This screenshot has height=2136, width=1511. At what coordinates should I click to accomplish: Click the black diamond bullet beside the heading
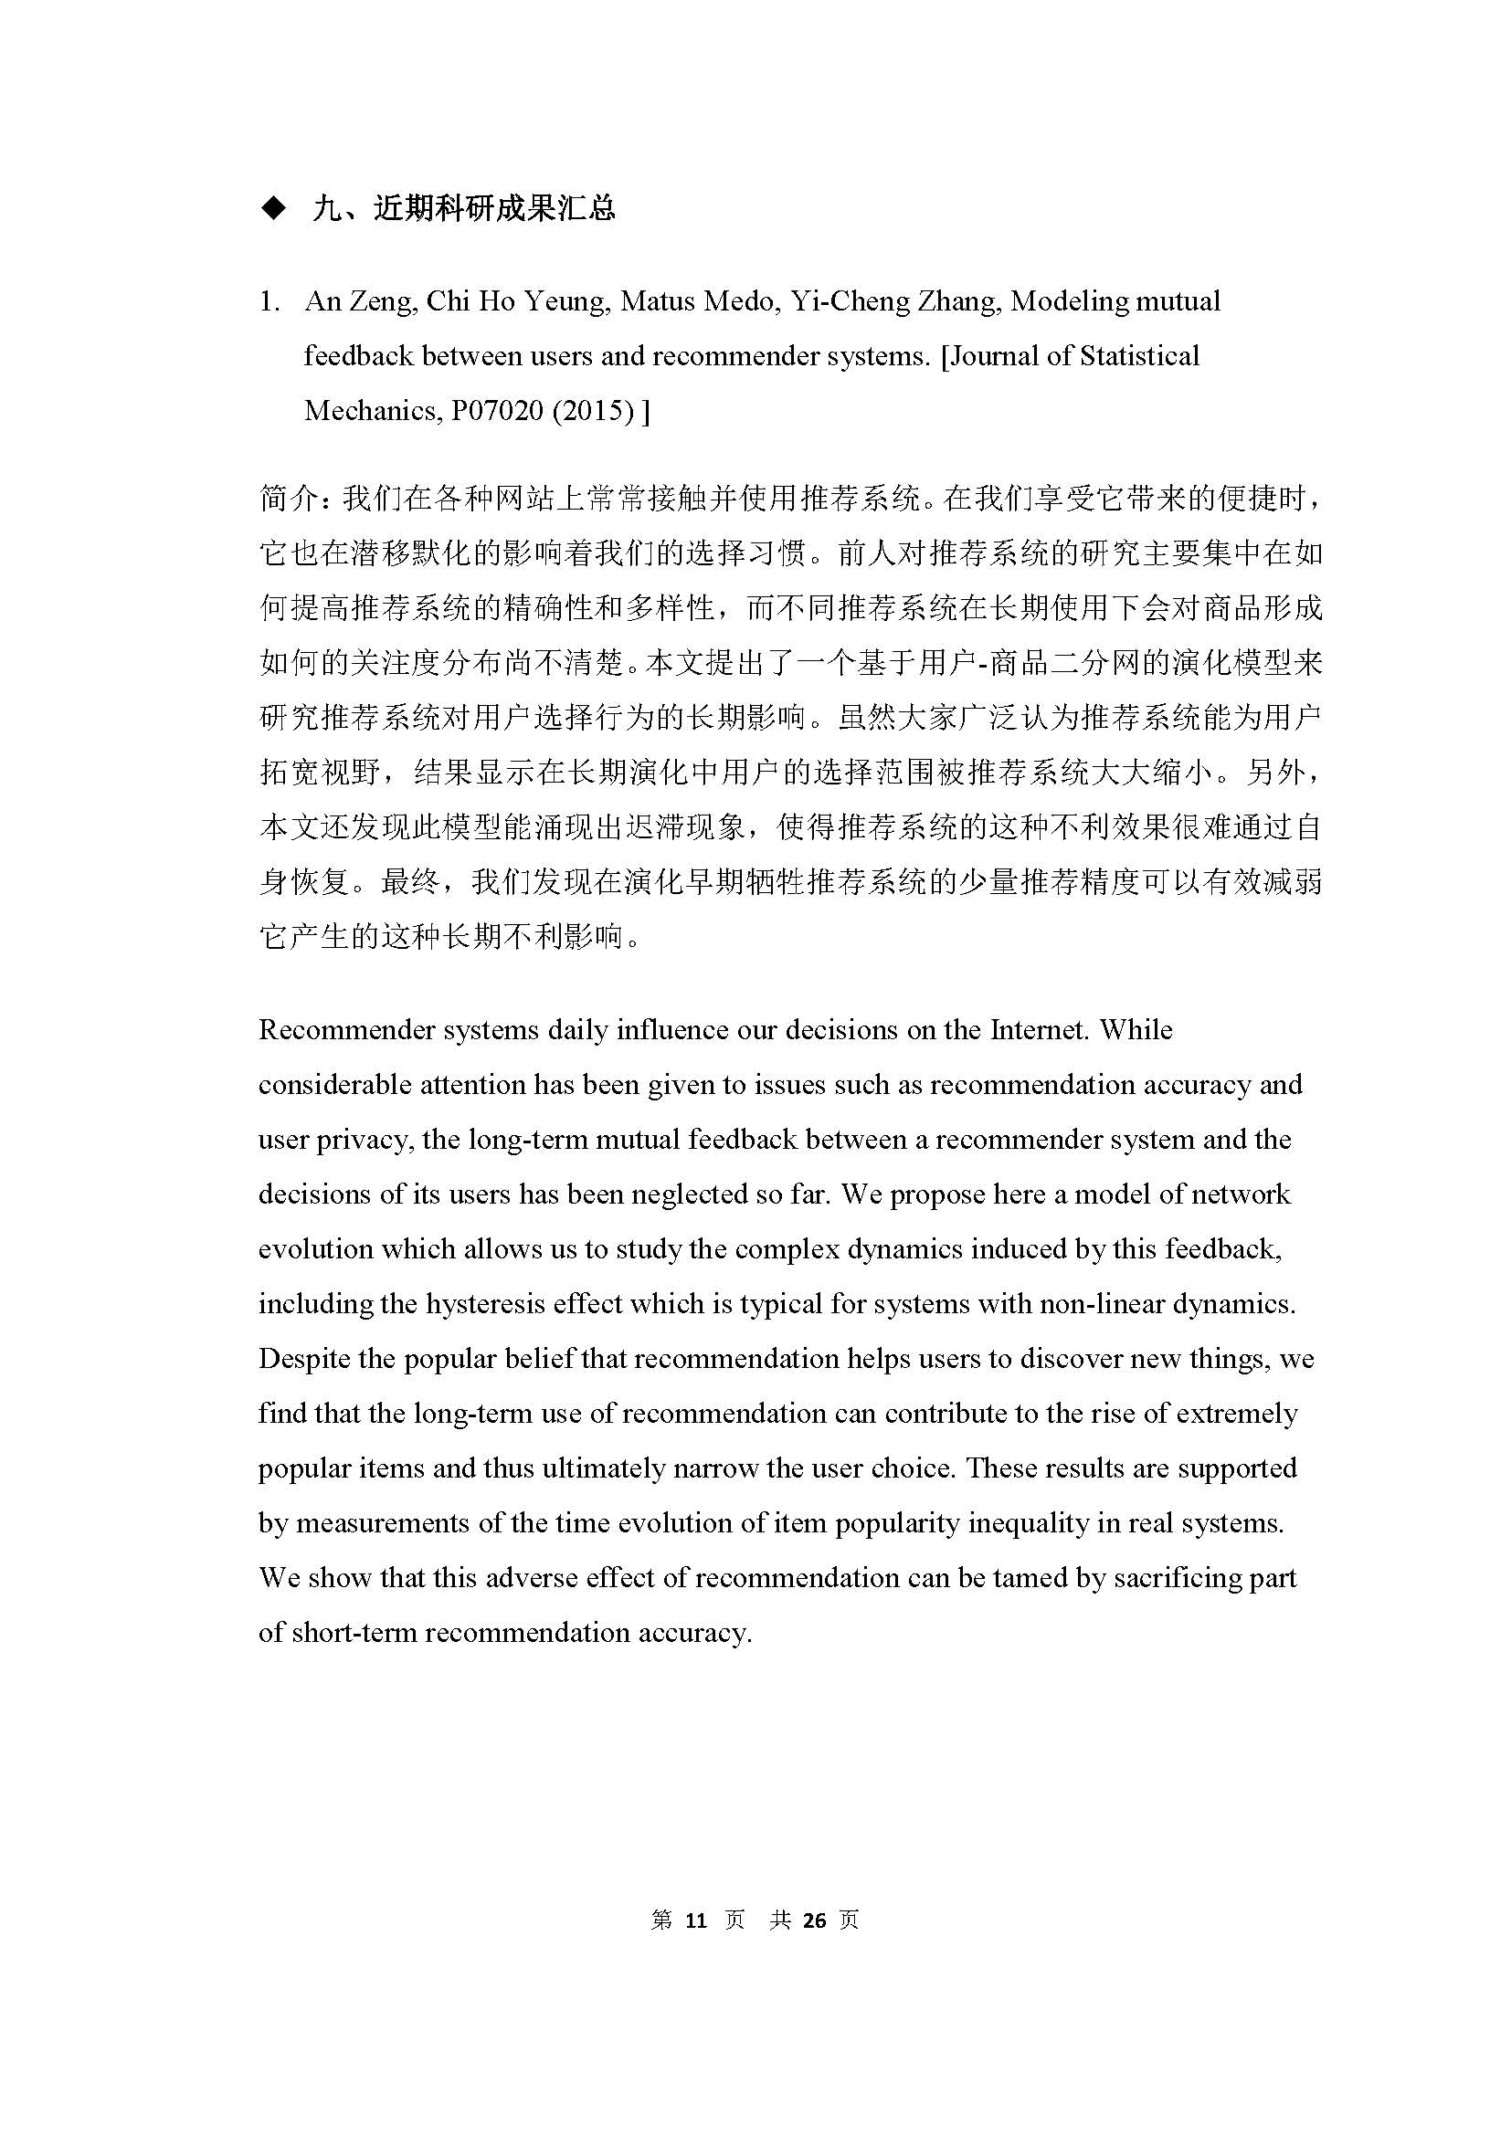pos(273,208)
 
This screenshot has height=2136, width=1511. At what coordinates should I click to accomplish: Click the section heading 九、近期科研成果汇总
pos(464,208)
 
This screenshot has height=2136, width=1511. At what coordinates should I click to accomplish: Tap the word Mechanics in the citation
pos(368,410)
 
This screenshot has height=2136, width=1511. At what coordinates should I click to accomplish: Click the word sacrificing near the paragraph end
pos(1187,1578)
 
